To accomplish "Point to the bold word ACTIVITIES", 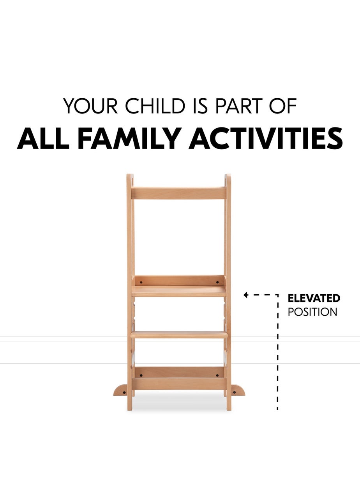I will pyautogui.click(x=266, y=138).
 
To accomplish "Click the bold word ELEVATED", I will pyautogui.click(x=314, y=299).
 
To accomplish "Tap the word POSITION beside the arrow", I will pyautogui.click(x=312, y=312).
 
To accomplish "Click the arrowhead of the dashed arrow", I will pyautogui.click(x=245, y=295).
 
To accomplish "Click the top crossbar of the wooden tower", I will pyautogui.click(x=179, y=193).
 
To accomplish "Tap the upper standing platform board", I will pyautogui.click(x=179, y=291).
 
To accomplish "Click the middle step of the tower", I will pyautogui.click(x=179, y=334).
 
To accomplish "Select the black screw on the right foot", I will pyautogui.click(x=234, y=392).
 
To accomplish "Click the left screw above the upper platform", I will pyautogui.click(x=141, y=282).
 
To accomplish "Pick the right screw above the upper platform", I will pyautogui.click(x=217, y=282).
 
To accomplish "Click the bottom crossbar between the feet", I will pyautogui.click(x=179, y=384).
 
